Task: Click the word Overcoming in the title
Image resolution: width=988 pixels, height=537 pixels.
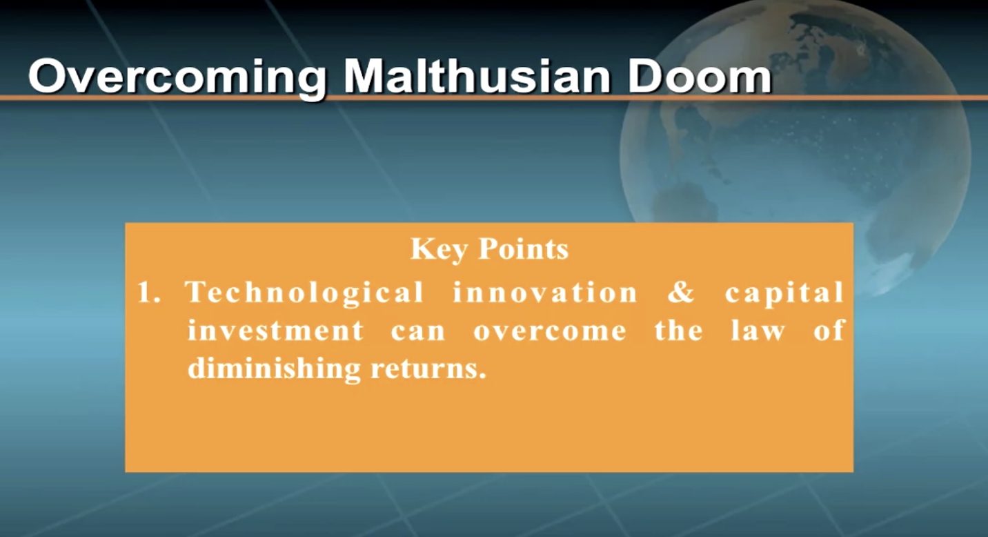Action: click(x=177, y=77)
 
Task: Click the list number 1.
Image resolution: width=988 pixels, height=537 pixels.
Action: click(x=148, y=292)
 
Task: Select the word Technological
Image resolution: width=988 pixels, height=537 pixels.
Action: click(x=304, y=293)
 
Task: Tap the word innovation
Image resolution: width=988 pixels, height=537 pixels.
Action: click(x=545, y=292)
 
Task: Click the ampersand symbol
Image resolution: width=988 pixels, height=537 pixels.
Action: click(x=681, y=292)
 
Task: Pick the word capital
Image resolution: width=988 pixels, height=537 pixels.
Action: click(x=784, y=293)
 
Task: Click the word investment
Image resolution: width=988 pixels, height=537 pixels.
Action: click(x=276, y=330)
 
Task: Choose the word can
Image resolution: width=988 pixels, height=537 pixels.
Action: click(x=418, y=333)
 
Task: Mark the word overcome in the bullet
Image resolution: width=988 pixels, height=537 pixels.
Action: click(x=550, y=333)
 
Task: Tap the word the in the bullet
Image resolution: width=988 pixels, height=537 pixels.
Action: click(x=678, y=330)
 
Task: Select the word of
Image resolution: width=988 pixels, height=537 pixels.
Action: click(x=829, y=330)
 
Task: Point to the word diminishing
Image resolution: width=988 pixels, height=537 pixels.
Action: click(x=274, y=369)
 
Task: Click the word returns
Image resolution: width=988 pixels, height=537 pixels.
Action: click(x=424, y=370)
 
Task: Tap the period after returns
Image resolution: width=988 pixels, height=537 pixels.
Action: click(x=482, y=376)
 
